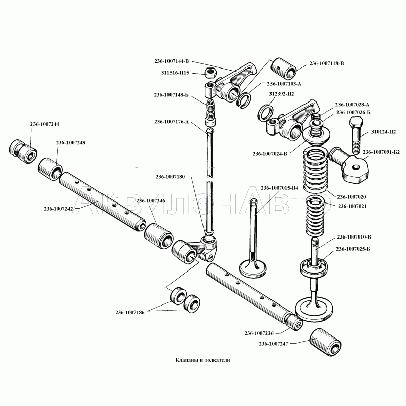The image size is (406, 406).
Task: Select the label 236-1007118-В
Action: click(x=326, y=63)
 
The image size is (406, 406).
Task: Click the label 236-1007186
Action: click(x=129, y=312)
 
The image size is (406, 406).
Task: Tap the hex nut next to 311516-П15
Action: click(x=210, y=73)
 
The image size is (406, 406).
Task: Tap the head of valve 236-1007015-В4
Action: click(x=253, y=266)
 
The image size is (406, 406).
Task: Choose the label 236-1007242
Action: click(x=59, y=208)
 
